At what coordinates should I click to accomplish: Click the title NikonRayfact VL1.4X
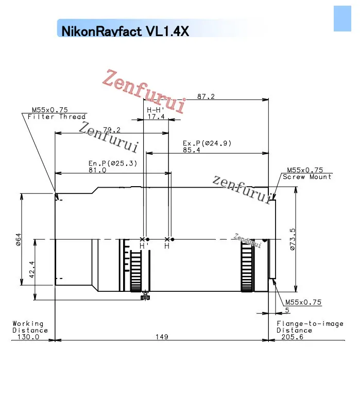click(x=125, y=31)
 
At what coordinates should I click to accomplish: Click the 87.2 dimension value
click(x=206, y=96)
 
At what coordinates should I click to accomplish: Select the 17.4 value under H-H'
click(x=156, y=117)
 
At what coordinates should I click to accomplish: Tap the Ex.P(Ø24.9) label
click(x=207, y=143)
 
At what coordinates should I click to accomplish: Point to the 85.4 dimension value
click(x=192, y=150)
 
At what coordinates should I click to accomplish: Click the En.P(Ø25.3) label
click(x=113, y=163)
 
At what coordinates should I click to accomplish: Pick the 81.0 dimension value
click(x=97, y=170)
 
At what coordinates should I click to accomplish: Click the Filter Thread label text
click(x=57, y=117)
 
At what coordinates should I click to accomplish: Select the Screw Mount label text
click(x=307, y=177)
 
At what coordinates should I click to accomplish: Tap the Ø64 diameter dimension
click(x=19, y=239)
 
